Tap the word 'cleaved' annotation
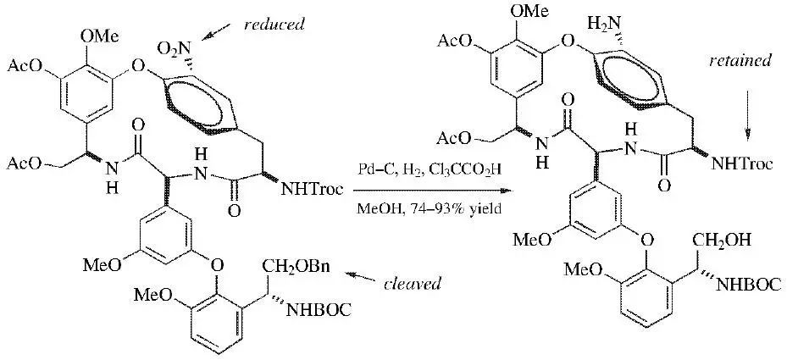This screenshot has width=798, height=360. tap(413, 283)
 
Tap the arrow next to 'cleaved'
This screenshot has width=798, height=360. tap(363, 278)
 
